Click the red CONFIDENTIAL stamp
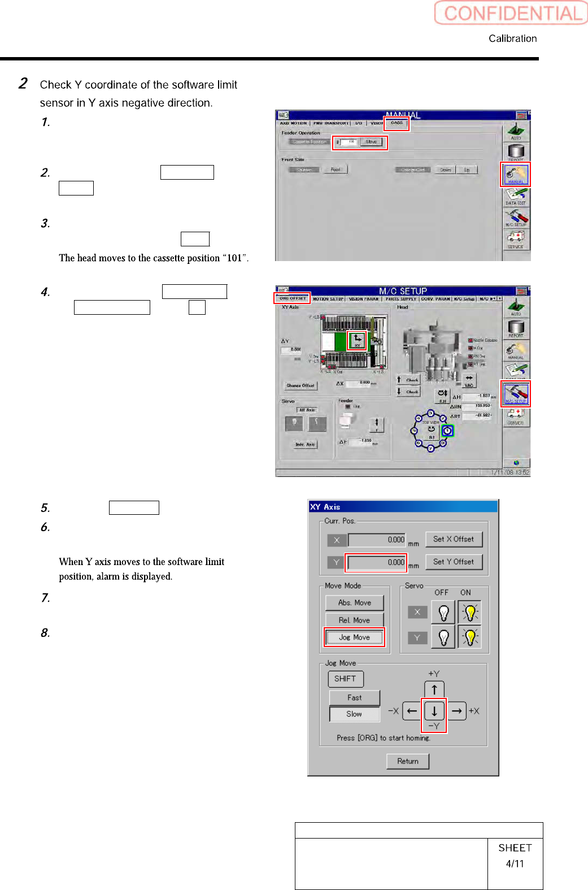(x=511, y=13)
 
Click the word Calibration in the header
(x=512, y=38)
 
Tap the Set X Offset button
(x=454, y=539)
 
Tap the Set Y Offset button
(x=454, y=562)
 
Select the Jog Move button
(x=354, y=637)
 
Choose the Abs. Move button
(x=354, y=603)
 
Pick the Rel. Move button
(x=354, y=620)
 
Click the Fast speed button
(x=354, y=698)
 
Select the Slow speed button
(x=354, y=714)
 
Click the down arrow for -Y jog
(x=434, y=711)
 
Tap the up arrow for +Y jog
(x=434, y=689)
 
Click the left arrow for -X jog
(x=412, y=711)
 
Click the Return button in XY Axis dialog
(x=407, y=761)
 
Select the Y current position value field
(x=376, y=562)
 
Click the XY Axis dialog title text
(x=325, y=507)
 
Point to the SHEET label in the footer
(x=515, y=848)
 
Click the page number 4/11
(x=515, y=863)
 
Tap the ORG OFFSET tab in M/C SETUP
(x=293, y=298)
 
